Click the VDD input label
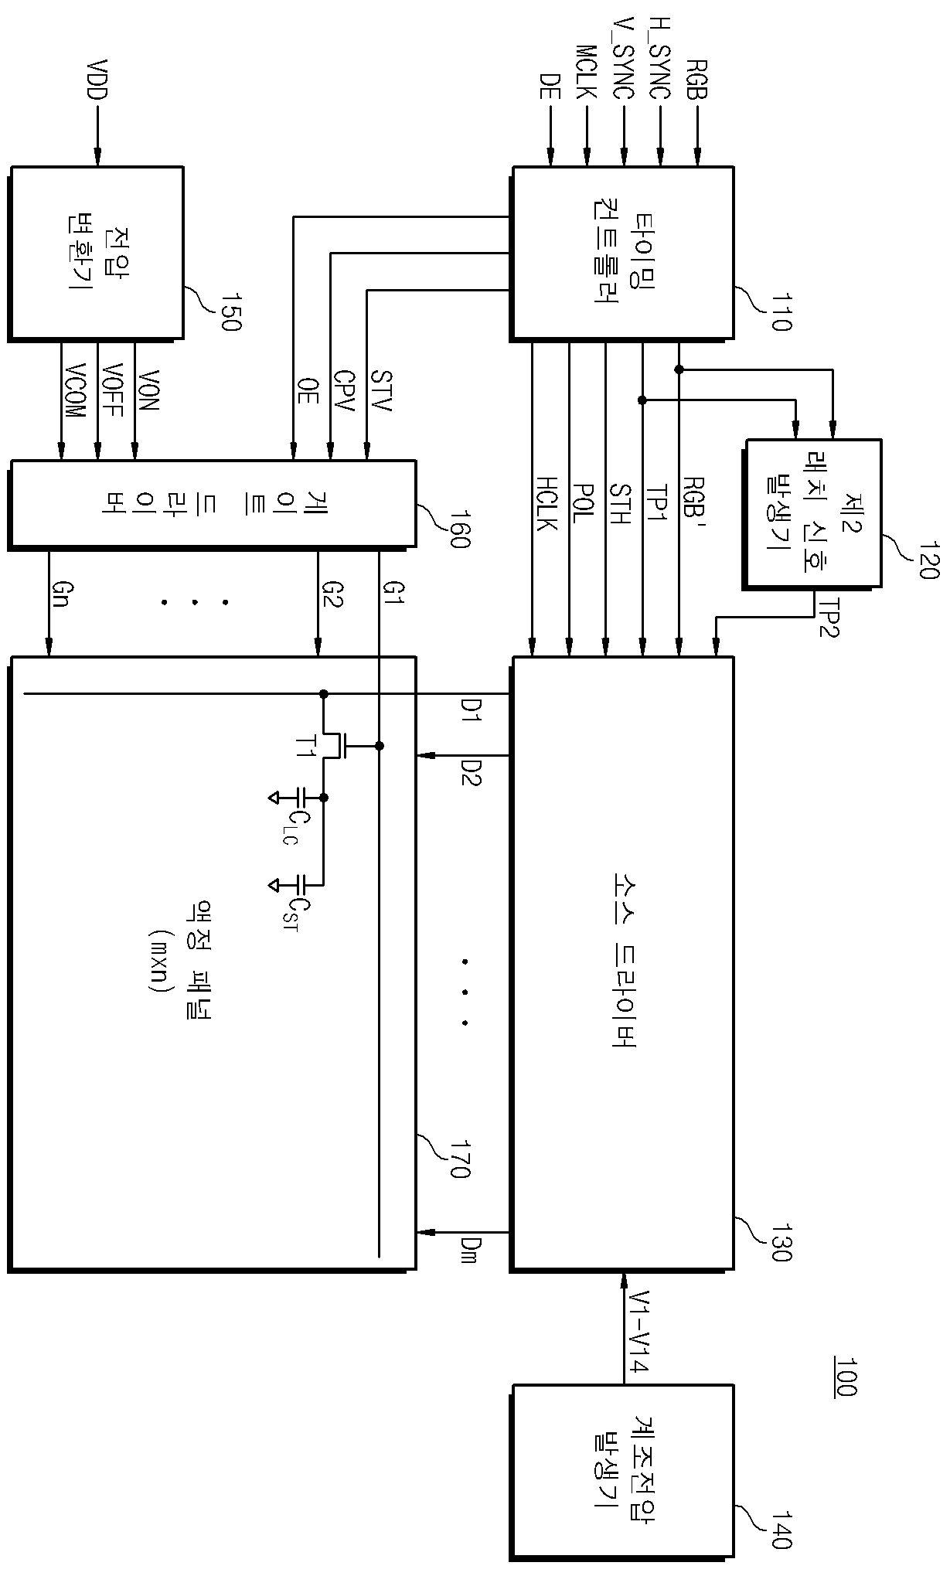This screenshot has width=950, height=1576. [99, 78]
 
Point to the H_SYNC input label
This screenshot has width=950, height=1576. [660, 59]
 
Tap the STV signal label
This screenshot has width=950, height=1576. [380, 390]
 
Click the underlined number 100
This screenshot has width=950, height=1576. [844, 1377]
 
